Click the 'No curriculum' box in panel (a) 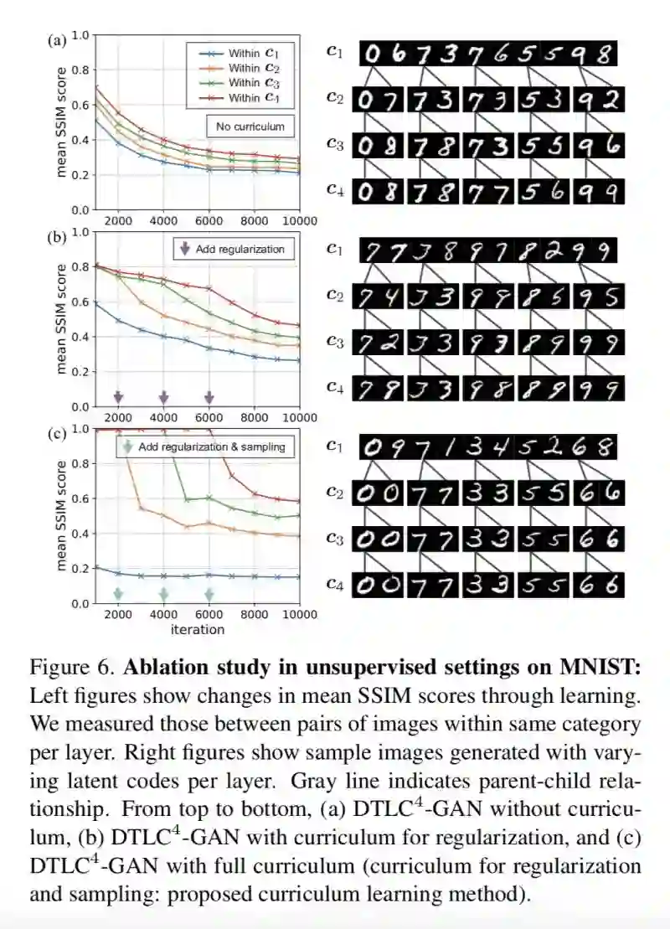click(x=250, y=127)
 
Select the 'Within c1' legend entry click(x=244, y=53)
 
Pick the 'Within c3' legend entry click(x=244, y=82)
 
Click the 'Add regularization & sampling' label click(x=204, y=446)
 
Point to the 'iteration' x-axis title click(x=198, y=629)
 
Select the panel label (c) click(x=57, y=433)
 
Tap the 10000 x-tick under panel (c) click(x=297, y=615)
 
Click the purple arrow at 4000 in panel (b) click(x=164, y=395)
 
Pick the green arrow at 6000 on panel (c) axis click(x=209, y=593)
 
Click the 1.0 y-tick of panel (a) click(x=80, y=35)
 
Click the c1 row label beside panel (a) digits click(x=334, y=52)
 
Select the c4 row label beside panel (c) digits click(x=334, y=584)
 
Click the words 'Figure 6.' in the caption click(x=72, y=668)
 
